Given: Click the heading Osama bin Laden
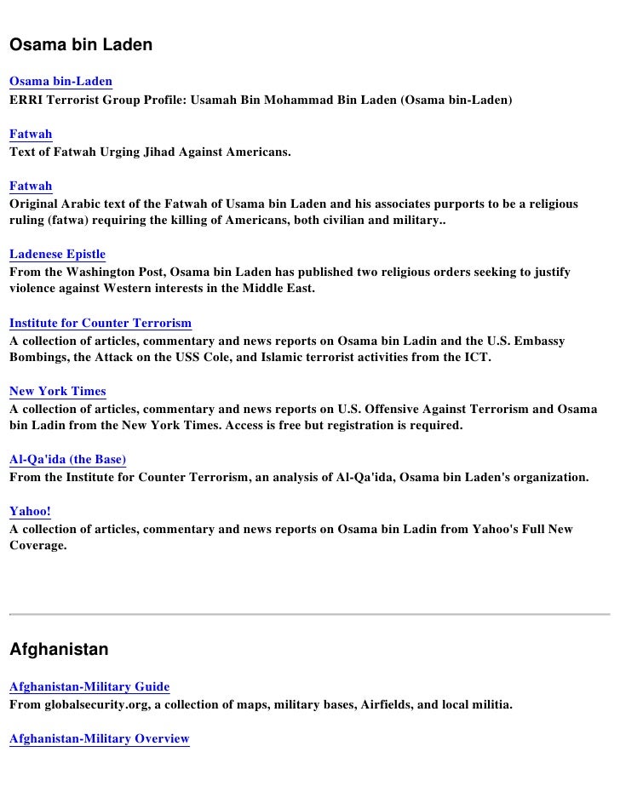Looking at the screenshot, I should click(x=81, y=44).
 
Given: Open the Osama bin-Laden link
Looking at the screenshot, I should click(x=60, y=82).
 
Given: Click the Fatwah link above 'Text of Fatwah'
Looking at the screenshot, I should click(x=31, y=134).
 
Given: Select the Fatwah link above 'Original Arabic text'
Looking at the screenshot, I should click(x=31, y=186).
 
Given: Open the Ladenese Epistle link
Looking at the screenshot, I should click(x=57, y=254).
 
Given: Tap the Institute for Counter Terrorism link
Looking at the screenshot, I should click(x=100, y=323).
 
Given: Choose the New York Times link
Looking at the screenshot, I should click(x=57, y=392).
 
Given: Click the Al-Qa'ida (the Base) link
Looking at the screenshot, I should click(x=67, y=460).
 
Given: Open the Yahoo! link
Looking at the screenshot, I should click(x=30, y=512).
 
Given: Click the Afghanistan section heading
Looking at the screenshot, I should click(x=59, y=650).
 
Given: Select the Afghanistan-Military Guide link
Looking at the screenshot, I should click(x=89, y=687).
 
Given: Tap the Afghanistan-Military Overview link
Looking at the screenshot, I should click(x=99, y=739).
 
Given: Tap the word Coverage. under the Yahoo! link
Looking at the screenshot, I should click(x=37, y=545).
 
